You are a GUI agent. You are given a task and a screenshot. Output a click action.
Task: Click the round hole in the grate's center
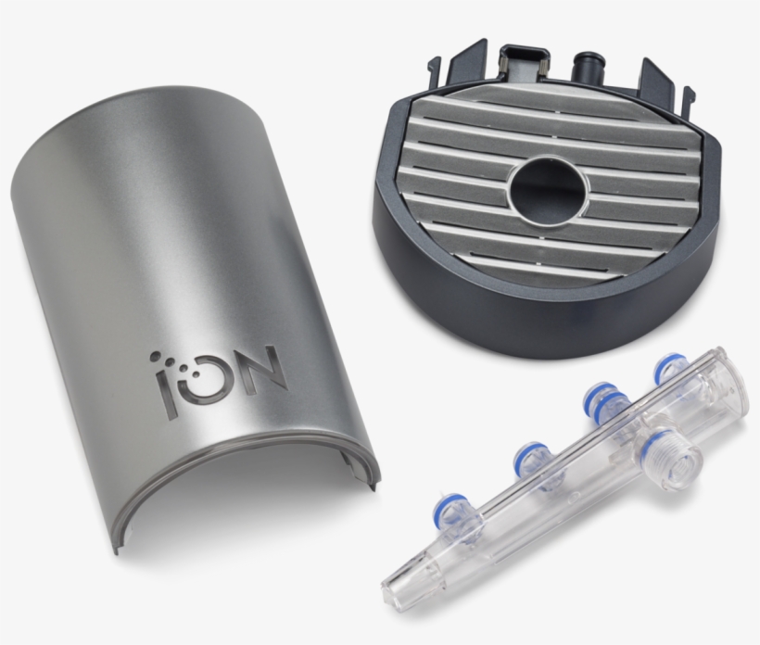(548, 184)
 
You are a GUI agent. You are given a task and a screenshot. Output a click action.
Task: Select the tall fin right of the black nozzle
(656, 78)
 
